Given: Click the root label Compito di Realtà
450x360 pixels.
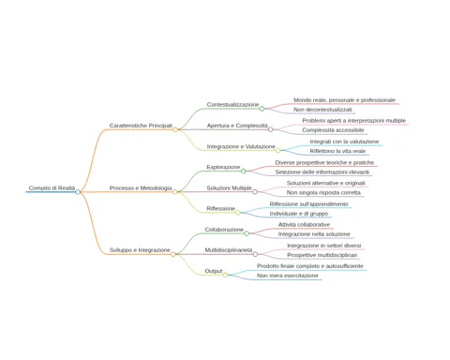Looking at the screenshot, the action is pos(52,188).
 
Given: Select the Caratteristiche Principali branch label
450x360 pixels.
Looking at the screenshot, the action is pos(141,126).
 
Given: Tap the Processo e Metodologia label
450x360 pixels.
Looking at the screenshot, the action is pos(141,188).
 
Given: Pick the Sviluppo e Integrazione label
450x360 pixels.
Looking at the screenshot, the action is pos(140,250).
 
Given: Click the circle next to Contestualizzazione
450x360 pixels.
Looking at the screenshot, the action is pos(262,109).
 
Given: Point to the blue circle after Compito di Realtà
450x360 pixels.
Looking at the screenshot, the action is pos(78,192).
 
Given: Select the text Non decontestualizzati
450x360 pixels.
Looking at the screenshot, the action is pos(322,110).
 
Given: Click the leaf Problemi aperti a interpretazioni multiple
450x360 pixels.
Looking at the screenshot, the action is pos(353,121).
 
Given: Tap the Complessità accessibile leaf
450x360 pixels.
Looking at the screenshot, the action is pos(333,130).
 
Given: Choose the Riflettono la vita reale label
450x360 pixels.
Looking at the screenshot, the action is pos(337,151).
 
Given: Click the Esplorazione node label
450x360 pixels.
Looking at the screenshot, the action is pos(223,168).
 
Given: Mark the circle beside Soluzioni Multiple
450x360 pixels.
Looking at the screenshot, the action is pos(255,192).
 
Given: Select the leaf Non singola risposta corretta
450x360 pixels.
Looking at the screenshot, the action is pos(323,193).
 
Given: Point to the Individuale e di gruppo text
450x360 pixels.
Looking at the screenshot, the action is pos(299,214).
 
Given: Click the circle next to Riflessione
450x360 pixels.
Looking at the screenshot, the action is pos(238,213).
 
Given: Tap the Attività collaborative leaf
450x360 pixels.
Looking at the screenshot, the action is pos(304,225).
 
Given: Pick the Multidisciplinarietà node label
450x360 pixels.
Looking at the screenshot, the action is pos(229,250).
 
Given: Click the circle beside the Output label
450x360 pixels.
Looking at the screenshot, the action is pos(225,275).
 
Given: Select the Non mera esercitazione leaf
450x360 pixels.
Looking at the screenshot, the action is pos(288,276).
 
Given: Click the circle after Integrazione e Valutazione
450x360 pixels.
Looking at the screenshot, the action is pos(278,150).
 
